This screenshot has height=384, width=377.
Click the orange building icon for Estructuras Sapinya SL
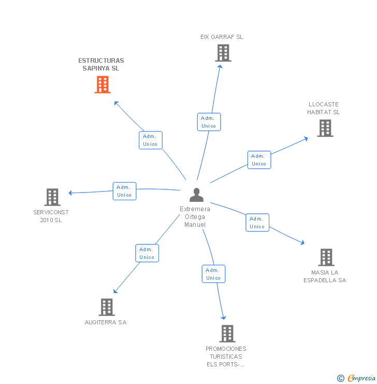103,85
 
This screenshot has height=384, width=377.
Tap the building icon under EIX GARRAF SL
223,53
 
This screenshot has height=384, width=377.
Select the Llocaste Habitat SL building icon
325,128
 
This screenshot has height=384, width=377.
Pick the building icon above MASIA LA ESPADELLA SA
326,257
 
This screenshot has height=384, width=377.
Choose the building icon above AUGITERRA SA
106,307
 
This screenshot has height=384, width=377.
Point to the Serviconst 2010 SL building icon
52,197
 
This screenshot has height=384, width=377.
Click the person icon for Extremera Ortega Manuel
196,195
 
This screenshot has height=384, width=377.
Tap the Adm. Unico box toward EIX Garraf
209,122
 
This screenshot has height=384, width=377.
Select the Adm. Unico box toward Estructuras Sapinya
150,140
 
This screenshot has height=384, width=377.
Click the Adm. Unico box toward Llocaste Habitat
259,160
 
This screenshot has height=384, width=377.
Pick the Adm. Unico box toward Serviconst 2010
124,191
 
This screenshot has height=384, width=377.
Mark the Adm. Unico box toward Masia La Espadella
257,223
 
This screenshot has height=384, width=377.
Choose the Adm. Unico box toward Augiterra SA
147,253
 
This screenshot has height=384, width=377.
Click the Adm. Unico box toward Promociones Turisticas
213,274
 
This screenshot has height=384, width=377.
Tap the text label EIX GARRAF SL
222,37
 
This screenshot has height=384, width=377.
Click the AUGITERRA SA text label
106,322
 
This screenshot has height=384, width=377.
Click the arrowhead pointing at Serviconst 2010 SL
71,193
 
